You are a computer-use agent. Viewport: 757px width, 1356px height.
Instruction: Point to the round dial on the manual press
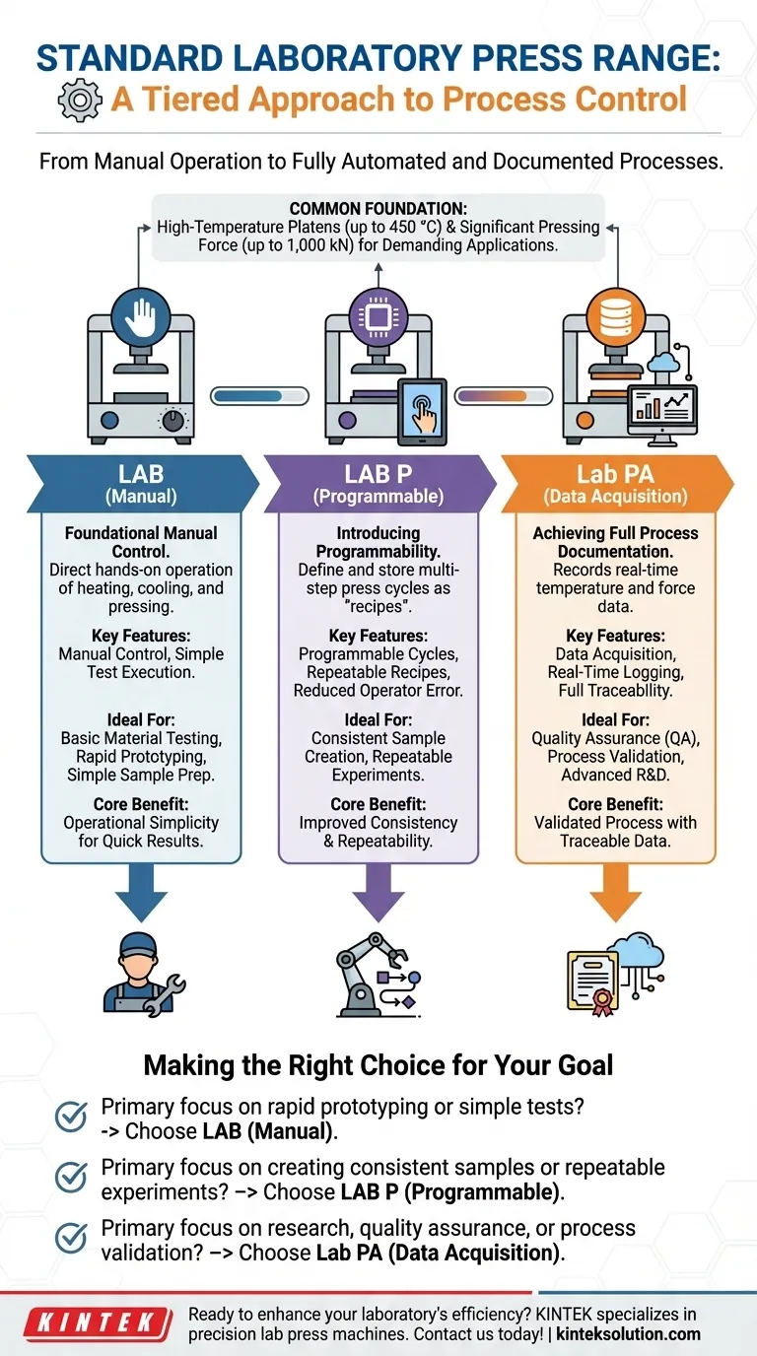coord(176,420)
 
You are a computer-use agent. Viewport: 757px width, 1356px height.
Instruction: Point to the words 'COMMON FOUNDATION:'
coord(378,208)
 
